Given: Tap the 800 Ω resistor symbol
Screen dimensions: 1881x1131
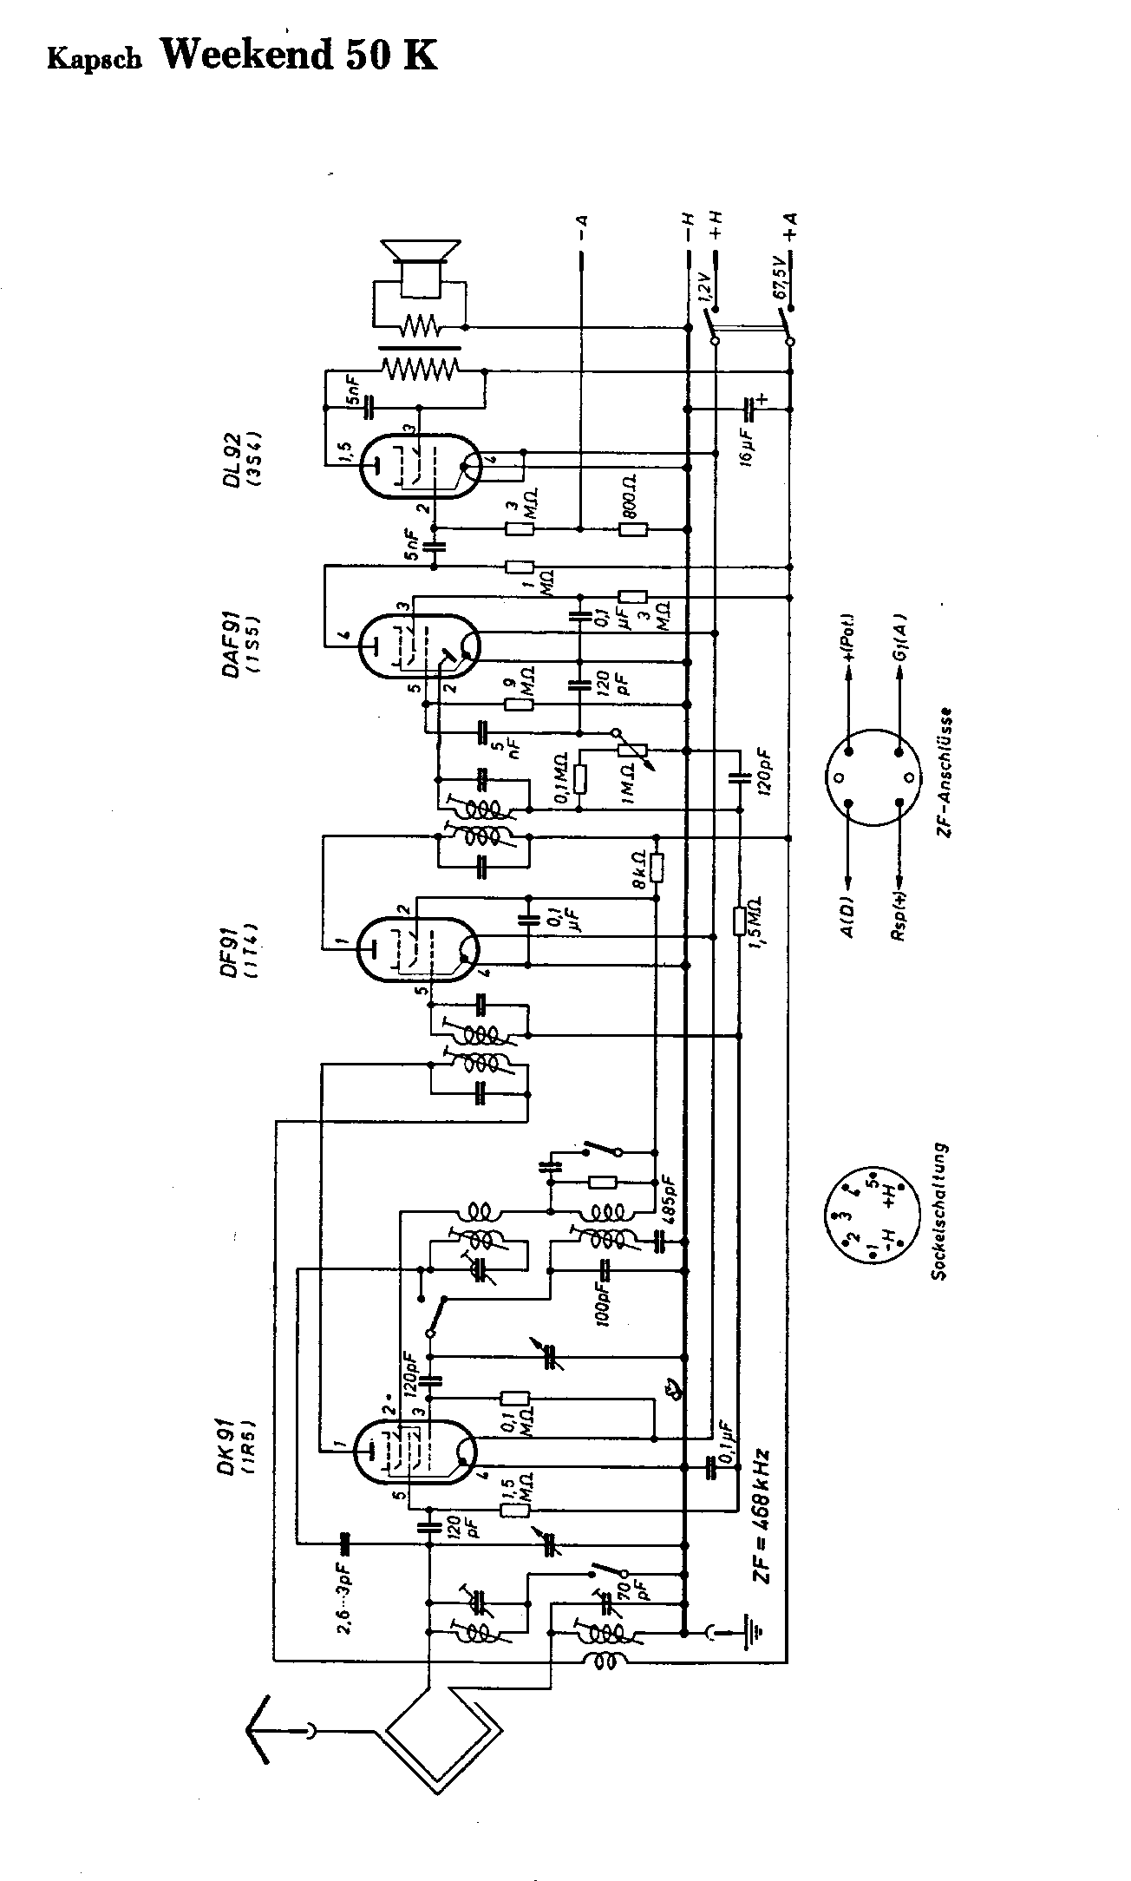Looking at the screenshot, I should [x=633, y=529].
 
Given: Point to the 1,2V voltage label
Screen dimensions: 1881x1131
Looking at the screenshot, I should [x=704, y=287].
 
